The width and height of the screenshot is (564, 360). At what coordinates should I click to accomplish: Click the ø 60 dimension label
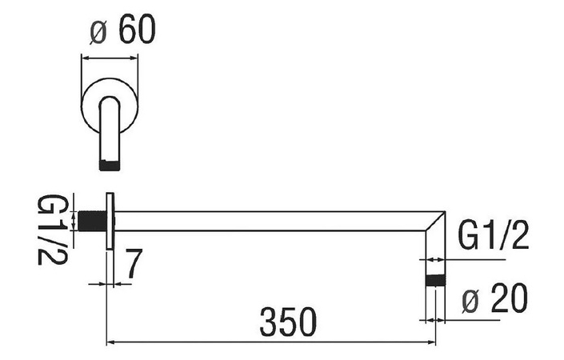coord(122,30)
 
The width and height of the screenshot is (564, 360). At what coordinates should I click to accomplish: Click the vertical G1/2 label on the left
coord(50,231)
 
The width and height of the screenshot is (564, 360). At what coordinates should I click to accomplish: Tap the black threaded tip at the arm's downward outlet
coord(434,281)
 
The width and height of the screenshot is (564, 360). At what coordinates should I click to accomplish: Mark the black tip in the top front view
coord(109,165)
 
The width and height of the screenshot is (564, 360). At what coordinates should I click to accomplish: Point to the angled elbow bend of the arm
coord(435,224)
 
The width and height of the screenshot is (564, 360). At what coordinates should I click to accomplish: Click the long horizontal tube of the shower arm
coord(272,221)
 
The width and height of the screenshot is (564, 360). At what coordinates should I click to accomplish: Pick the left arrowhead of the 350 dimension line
coord(110,343)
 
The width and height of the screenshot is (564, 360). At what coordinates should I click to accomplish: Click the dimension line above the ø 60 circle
coord(109,58)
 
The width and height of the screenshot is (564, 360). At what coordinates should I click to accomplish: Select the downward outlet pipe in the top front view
coord(109,132)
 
